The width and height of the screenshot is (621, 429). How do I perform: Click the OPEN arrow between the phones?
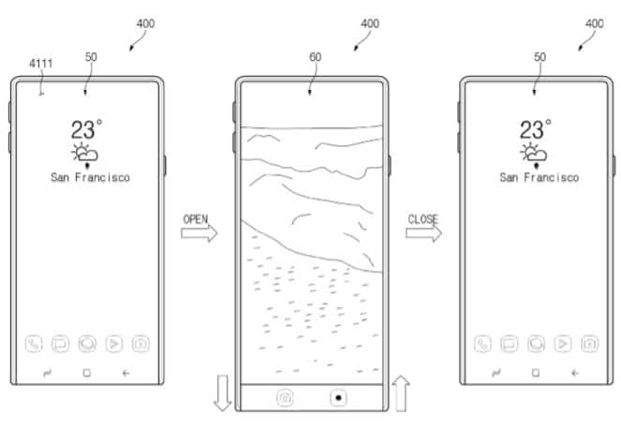(x=200, y=233)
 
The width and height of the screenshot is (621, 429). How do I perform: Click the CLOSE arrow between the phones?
(x=423, y=233)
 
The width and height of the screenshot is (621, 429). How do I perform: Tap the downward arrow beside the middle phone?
(x=223, y=392)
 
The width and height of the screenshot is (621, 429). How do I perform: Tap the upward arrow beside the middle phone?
(x=401, y=393)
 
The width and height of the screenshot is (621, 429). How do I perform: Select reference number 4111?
(x=41, y=64)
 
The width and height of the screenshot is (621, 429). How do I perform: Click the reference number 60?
(x=316, y=57)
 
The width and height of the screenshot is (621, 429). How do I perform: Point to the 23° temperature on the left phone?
(x=87, y=129)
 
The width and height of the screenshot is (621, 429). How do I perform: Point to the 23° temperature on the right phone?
(x=536, y=129)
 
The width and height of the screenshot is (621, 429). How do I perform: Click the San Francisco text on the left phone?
(x=90, y=177)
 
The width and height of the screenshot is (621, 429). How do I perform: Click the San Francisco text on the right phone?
(x=539, y=177)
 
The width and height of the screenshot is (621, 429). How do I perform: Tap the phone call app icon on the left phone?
(x=34, y=344)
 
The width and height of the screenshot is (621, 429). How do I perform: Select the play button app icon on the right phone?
(x=563, y=344)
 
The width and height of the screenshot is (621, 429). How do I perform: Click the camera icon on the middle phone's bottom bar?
(x=285, y=398)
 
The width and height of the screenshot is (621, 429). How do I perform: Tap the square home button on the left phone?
(x=87, y=373)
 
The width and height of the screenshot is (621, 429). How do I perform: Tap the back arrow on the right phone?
(x=575, y=373)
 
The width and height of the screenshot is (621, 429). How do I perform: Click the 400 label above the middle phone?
(x=370, y=23)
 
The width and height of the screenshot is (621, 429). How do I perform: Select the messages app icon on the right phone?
(x=510, y=344)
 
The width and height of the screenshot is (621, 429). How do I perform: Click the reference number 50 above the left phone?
(x=91, y=57)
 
